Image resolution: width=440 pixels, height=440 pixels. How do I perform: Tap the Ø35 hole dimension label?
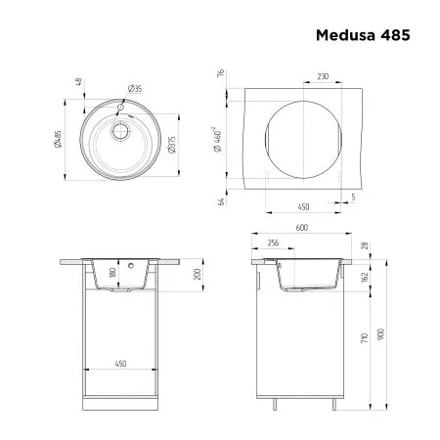point(136,89)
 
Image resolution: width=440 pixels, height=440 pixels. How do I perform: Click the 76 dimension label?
point(223,73)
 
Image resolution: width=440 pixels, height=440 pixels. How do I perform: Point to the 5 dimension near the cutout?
point(353,198)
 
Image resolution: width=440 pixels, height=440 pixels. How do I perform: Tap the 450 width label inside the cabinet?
point(120,364)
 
